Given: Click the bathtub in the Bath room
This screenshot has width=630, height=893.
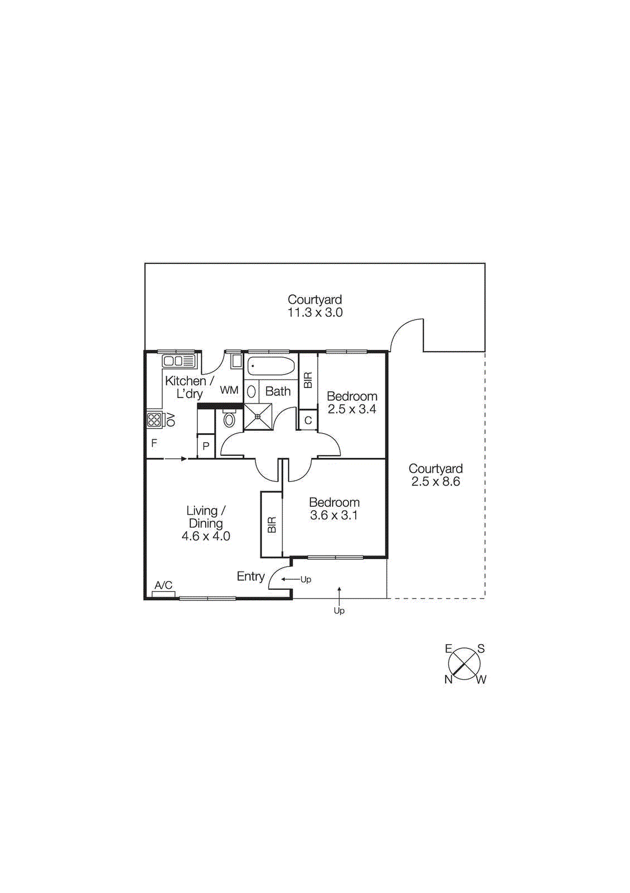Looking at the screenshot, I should tap(271, 367).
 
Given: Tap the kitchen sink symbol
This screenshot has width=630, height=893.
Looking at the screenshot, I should tap(179, 361).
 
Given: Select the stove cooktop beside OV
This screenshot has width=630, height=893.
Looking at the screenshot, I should tap(154, 420).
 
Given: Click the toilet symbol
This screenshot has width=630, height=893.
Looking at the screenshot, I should tap(229, 419).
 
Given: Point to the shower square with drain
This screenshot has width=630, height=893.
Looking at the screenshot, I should tap(258, 416).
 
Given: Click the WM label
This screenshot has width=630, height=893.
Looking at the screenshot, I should tap(229, 390).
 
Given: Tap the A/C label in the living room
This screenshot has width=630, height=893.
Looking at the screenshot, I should tap(163, 585).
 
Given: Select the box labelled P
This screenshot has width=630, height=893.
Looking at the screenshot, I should tap(206, 446).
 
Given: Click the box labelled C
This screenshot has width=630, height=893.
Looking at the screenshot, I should tap(308, 420).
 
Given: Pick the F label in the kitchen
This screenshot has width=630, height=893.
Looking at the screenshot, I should tap(154, 443).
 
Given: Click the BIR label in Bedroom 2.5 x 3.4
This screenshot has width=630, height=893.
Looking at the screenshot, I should tap(308, 380).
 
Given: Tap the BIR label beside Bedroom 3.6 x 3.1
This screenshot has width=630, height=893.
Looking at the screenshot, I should tap(272, 525).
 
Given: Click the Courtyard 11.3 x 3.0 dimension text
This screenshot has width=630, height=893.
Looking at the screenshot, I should tap(315, 313).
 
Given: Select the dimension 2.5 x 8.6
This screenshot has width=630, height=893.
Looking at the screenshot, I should tap(435, 482).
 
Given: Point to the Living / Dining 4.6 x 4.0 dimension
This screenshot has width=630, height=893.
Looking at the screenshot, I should tap(206, 536).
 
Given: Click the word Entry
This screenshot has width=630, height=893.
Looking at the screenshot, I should tap(250, 577).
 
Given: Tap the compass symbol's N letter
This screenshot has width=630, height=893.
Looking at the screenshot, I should tap(448, 679).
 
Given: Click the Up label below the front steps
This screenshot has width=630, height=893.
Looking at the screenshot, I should tap(339, 611).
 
